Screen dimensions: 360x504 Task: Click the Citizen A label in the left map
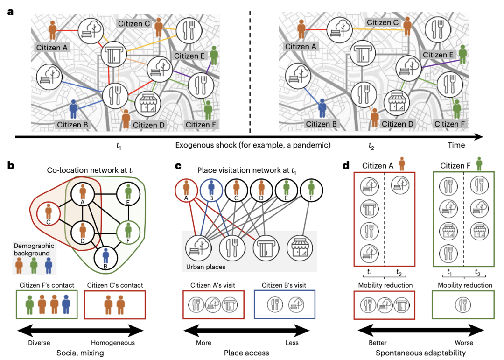pyautogui.click(x=52, y=47)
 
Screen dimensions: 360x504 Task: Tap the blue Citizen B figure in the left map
pyautogui.click(x=73, y=108)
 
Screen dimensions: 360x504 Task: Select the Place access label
pyautogui.click(x=246, y=353)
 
